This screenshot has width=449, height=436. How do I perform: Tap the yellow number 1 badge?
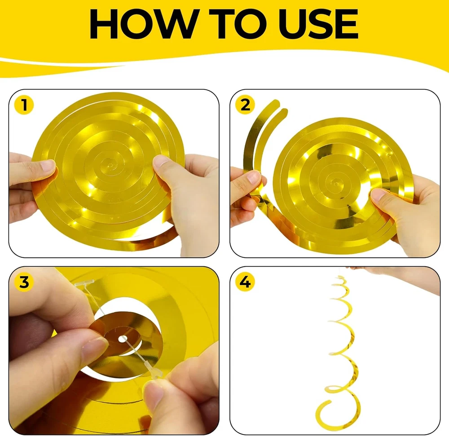(24, 105)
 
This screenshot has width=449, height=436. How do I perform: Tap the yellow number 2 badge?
(245, 105)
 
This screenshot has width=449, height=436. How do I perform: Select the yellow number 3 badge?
(24, 282)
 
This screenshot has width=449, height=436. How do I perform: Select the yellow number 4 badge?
(245, 282)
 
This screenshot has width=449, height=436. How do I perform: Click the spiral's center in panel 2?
(334, 182)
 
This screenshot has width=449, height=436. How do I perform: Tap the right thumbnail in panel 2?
(379, 196)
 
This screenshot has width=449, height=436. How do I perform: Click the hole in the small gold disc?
(123, 339)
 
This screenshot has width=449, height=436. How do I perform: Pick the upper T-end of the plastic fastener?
(83, 284)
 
